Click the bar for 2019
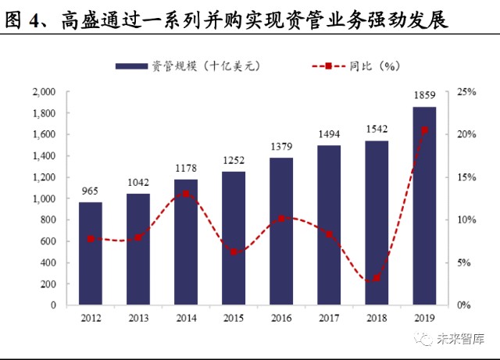tap(424, 206)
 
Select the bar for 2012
tap(91, 254)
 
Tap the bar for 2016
tap(281, 231)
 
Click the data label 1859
tap(424, 96)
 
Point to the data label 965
tap(91, 191)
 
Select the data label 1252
tap(234, 160)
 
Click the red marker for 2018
tap(377, 278)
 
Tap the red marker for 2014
tap(186, 194)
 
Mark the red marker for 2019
tap(424, 130)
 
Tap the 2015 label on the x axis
tap(234, 318)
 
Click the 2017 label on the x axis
tap(329, 318)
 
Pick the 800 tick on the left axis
tap(48, 220)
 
